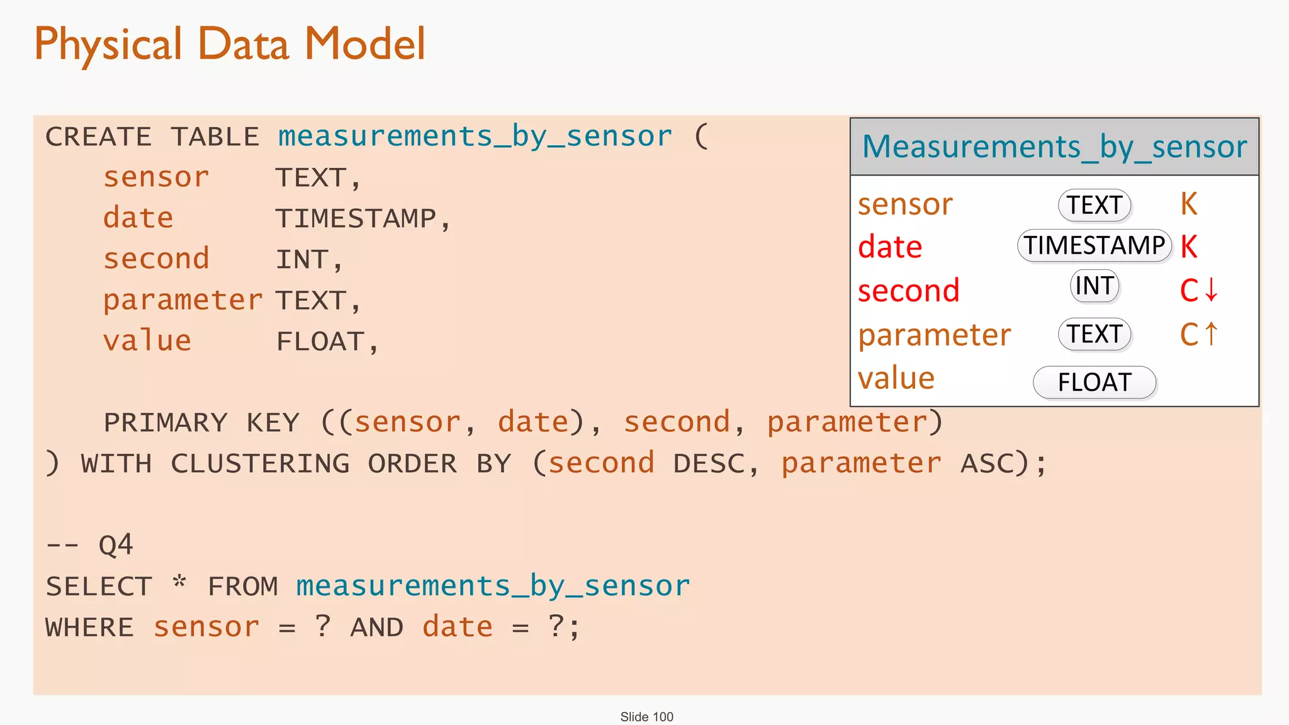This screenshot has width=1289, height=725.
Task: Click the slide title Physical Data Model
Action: [x=230, y=44]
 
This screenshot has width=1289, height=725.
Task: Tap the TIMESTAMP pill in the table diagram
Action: [x=1094, y=245]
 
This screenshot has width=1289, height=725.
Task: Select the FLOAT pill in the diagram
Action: [x=1095, y=382]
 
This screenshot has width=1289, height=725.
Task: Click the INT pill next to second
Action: [x=1095, y=286]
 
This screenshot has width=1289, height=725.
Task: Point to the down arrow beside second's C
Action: [x=1212, y=290]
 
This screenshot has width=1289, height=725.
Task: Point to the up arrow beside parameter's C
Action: [x=1212, y=334]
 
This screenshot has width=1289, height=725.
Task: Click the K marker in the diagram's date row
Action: [x=1189, y=246]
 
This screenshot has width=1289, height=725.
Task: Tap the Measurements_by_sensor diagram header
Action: [x=1054, y=147]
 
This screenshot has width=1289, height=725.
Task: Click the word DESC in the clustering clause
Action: [x=709, y=464]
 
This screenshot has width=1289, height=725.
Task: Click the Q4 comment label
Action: [x=116, y=545]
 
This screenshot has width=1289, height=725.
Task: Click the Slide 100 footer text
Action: [x=646, y=717]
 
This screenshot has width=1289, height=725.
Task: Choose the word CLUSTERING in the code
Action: [x=260, y=464]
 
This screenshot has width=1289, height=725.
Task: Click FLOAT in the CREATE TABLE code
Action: [x=321, y=342]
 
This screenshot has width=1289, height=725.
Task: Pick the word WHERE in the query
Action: [x=89, y=627]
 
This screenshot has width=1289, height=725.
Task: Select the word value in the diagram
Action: [x=896, y=379]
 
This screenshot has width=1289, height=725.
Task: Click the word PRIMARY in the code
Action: [x=166, y=422]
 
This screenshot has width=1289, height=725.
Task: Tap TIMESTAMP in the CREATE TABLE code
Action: [x=356, y=219]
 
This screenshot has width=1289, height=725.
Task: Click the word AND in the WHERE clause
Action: [x=376, y=627]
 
